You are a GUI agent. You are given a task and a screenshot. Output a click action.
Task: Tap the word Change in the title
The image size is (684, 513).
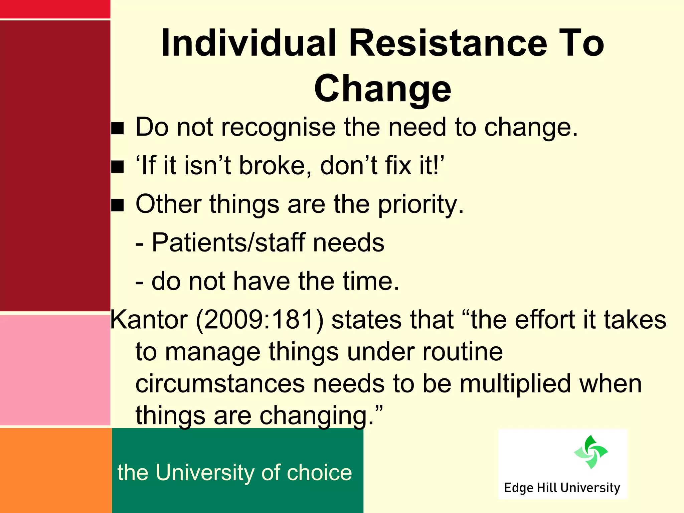click(383, 89)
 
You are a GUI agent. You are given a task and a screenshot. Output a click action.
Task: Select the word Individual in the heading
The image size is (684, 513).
click(248, 43)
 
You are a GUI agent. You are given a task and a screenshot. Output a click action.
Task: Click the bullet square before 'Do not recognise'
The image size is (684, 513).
click(118, 128)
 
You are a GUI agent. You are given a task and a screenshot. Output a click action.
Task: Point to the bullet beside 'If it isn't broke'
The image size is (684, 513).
click(118, 167)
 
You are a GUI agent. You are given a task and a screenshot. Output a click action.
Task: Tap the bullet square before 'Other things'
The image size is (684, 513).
click(118, 205)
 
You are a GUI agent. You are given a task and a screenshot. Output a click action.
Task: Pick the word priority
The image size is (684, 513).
click(420, 204)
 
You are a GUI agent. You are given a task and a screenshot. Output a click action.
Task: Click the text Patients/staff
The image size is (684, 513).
click(228, 242)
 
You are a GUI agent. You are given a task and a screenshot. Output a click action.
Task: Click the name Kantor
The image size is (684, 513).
click(149, 320)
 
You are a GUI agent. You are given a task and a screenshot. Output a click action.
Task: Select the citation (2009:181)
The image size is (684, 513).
click(260, 320)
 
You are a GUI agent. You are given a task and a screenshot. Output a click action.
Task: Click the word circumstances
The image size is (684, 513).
click(220, 384)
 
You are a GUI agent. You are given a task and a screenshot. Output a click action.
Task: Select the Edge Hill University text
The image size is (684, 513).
click(562, 488)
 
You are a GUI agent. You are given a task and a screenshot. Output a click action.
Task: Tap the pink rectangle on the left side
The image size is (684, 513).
click(55, 370)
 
